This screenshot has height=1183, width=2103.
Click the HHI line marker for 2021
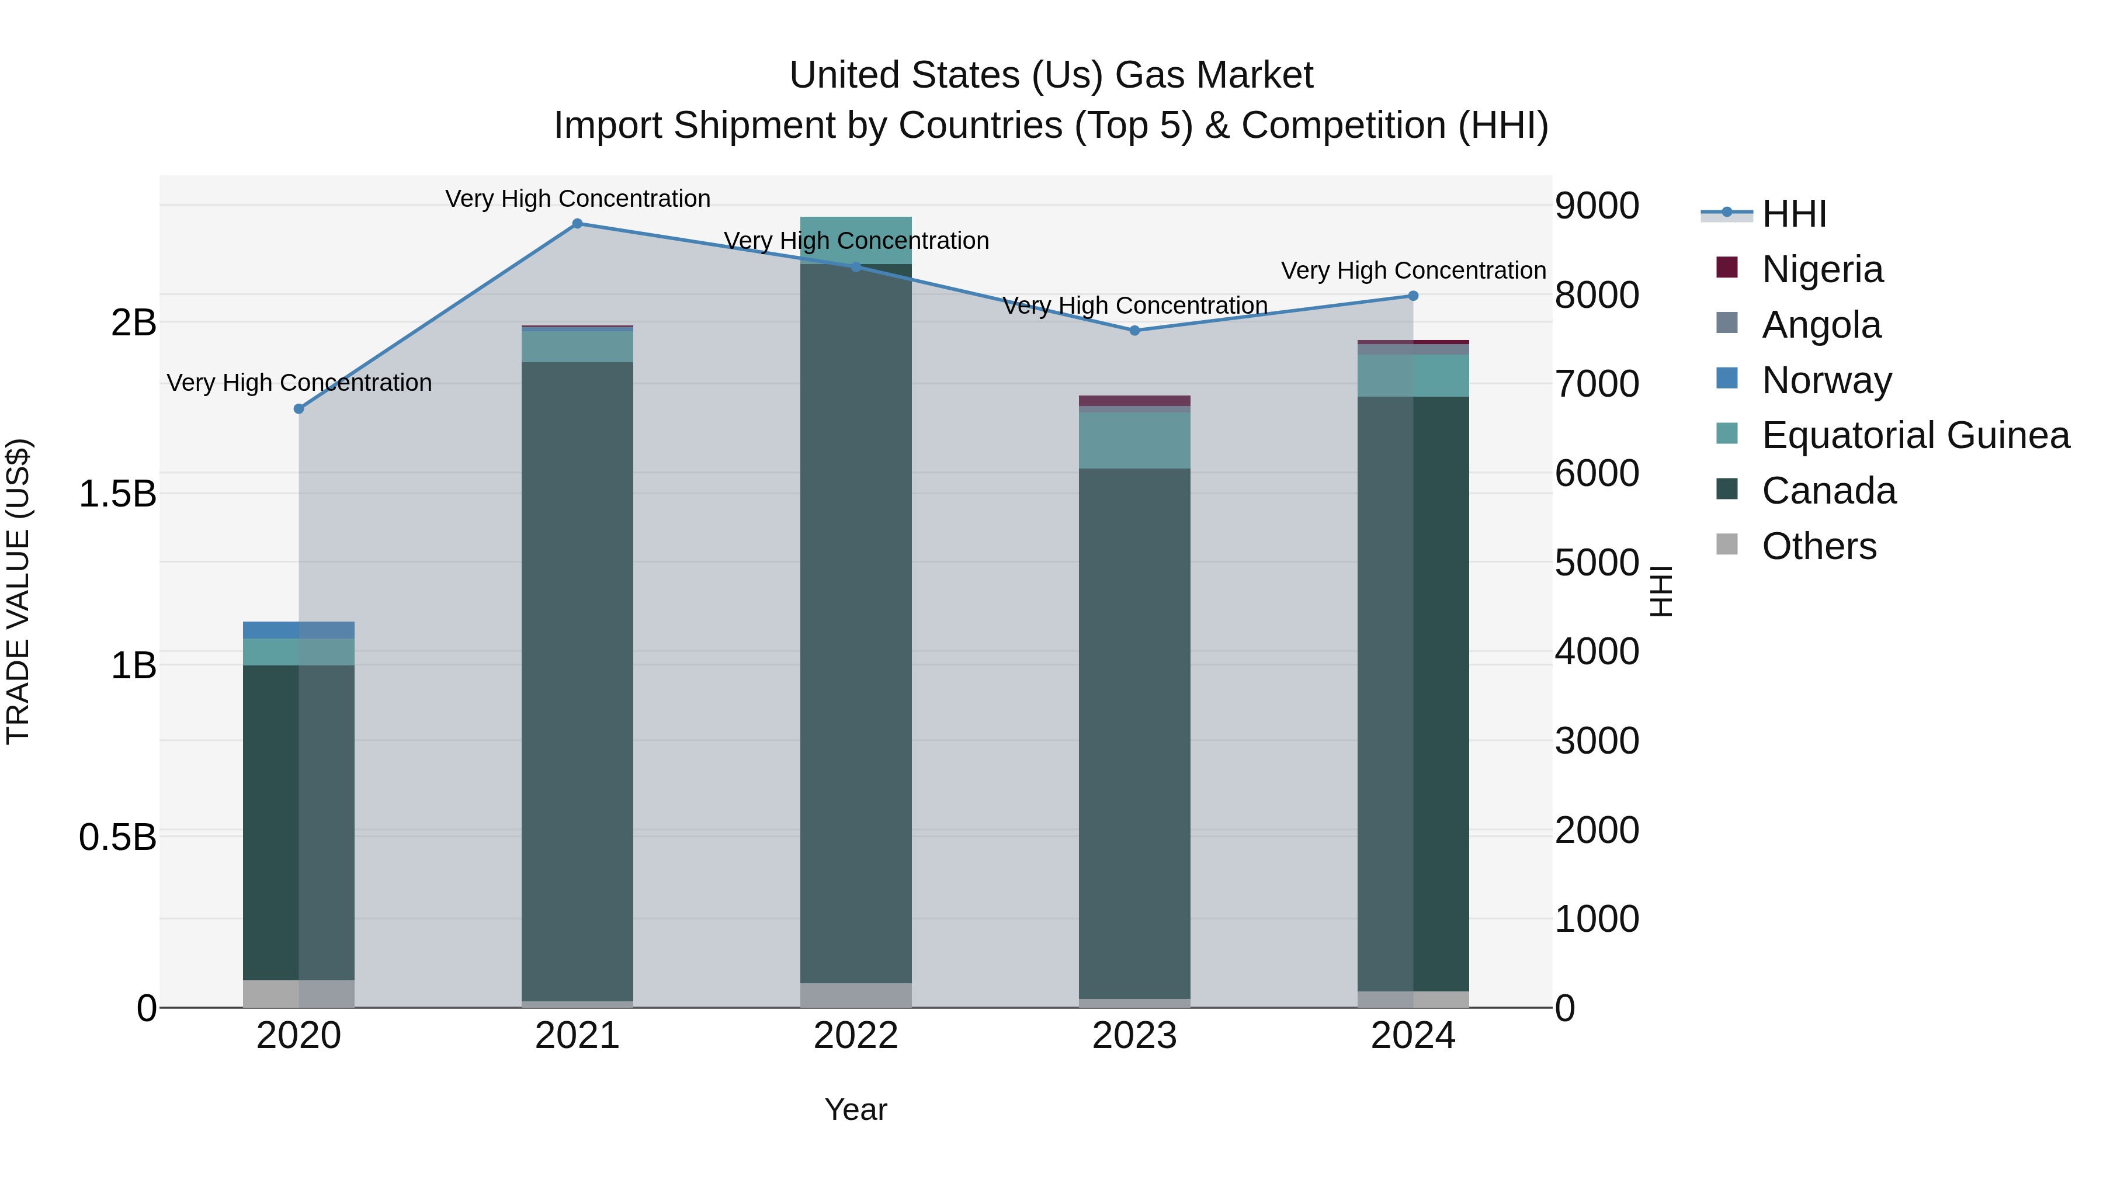[577, 224]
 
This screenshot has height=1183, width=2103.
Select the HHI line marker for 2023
[1134, 331]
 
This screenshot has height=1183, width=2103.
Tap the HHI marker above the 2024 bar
[1413, 296]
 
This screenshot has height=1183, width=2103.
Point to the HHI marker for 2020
[299, 409]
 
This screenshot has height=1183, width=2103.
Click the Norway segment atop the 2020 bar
[299, 630]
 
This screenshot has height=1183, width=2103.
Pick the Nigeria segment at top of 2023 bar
[1134, 401]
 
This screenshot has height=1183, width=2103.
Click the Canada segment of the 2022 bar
[856, 620]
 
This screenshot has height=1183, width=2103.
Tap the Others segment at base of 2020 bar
[299, 994]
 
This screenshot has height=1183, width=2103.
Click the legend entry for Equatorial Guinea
[1915, 436]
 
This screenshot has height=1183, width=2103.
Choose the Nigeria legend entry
[1822, 269]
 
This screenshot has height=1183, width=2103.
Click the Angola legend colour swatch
[1727, 323]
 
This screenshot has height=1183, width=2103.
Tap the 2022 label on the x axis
[856, 1036]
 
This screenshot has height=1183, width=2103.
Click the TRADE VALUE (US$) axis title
[18, 591]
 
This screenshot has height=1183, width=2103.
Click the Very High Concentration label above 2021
[577, 199]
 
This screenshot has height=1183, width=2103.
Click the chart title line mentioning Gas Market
[1051, 75]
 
